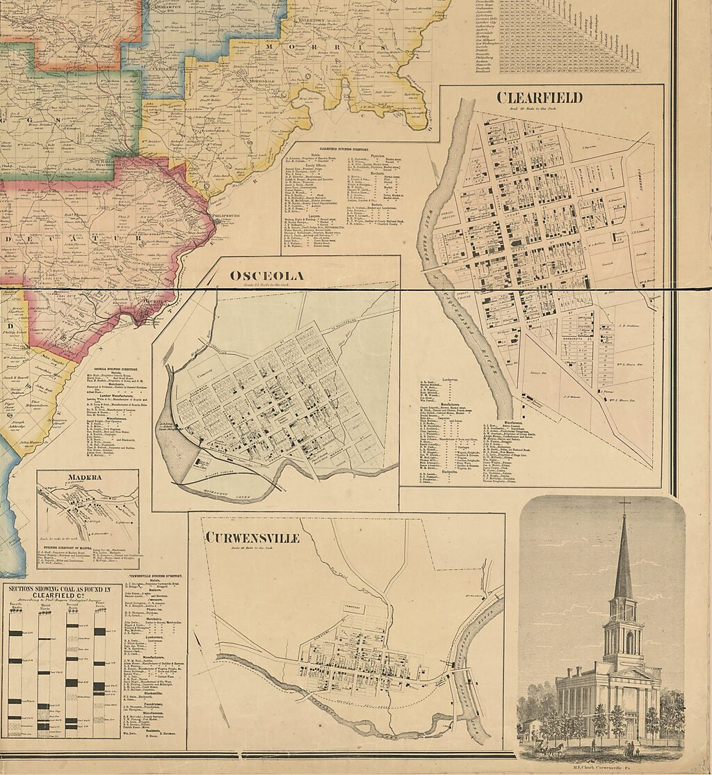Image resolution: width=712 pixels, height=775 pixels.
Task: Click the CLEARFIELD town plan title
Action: (539, 97)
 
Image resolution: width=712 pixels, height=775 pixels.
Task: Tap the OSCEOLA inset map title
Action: (267, 275)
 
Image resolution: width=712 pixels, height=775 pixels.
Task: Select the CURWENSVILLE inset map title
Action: (252, 538)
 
